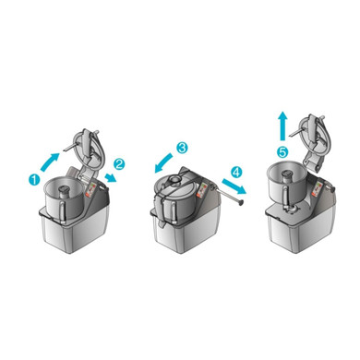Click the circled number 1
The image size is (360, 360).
[x=34, y=179]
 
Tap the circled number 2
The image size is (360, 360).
[x=119, y=164]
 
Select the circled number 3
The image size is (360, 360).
[x=182, y=148]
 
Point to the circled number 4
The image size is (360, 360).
[x=236, y=173]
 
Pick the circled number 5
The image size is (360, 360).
[x=282, y=151]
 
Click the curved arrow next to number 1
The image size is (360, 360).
[x=50, y=162]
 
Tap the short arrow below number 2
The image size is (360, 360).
[x=111, y=178]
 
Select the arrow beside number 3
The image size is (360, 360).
[x=163, y=163]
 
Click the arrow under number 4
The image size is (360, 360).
[x=234, y=186]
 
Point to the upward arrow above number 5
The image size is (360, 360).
[x=282, y=126]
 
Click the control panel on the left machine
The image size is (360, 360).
[x=91, y=190]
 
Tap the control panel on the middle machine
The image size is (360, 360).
[x=202, y=190]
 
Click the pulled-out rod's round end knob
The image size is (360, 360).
[x=240, y=202]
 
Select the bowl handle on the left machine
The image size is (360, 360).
[x=63, y=212]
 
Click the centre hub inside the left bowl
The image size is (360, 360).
[x=65, y=192]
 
